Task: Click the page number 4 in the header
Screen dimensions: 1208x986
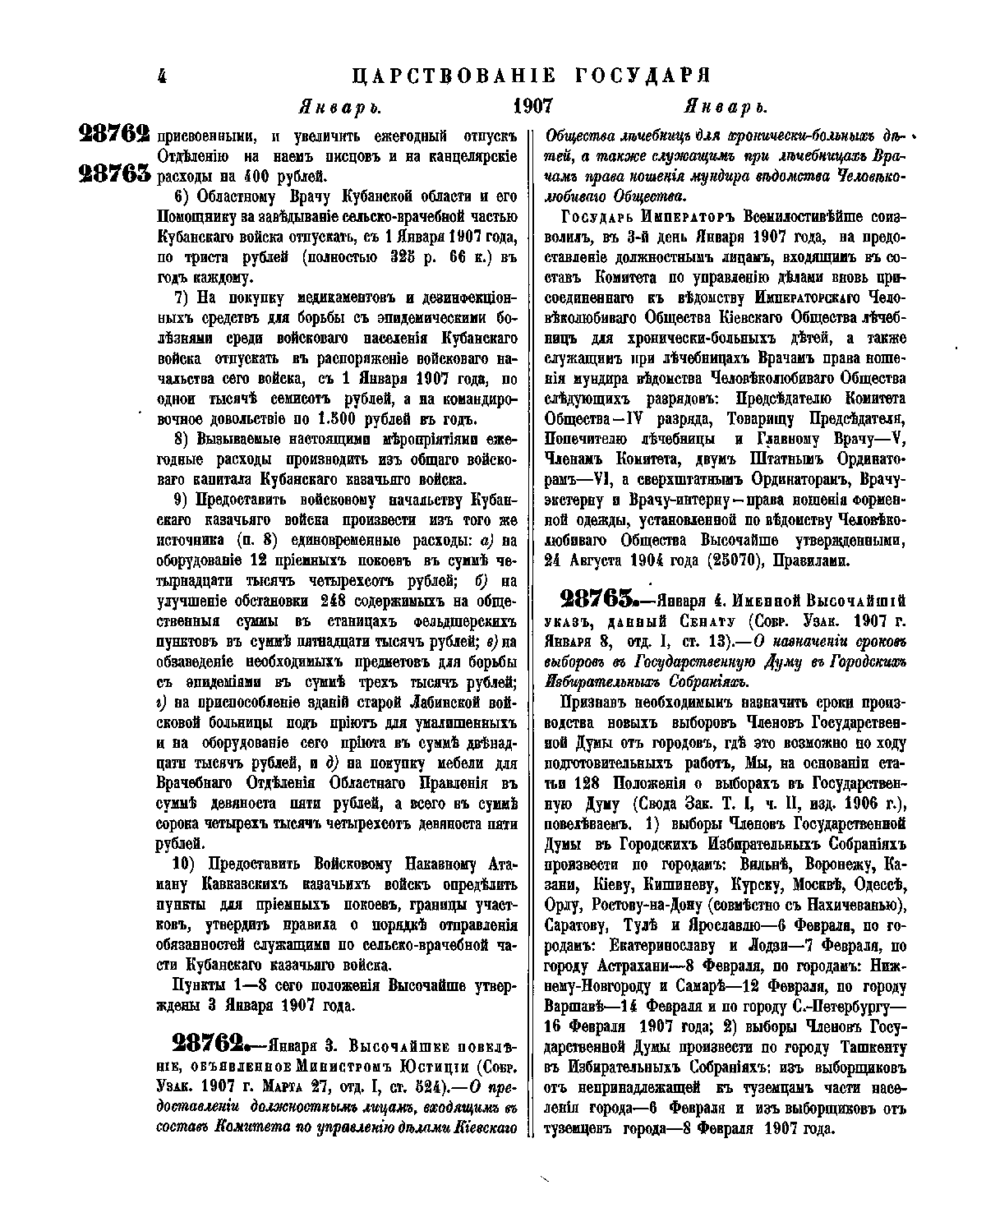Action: click(161, 76)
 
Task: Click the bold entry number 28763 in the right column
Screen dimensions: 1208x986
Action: click(597, 597)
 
